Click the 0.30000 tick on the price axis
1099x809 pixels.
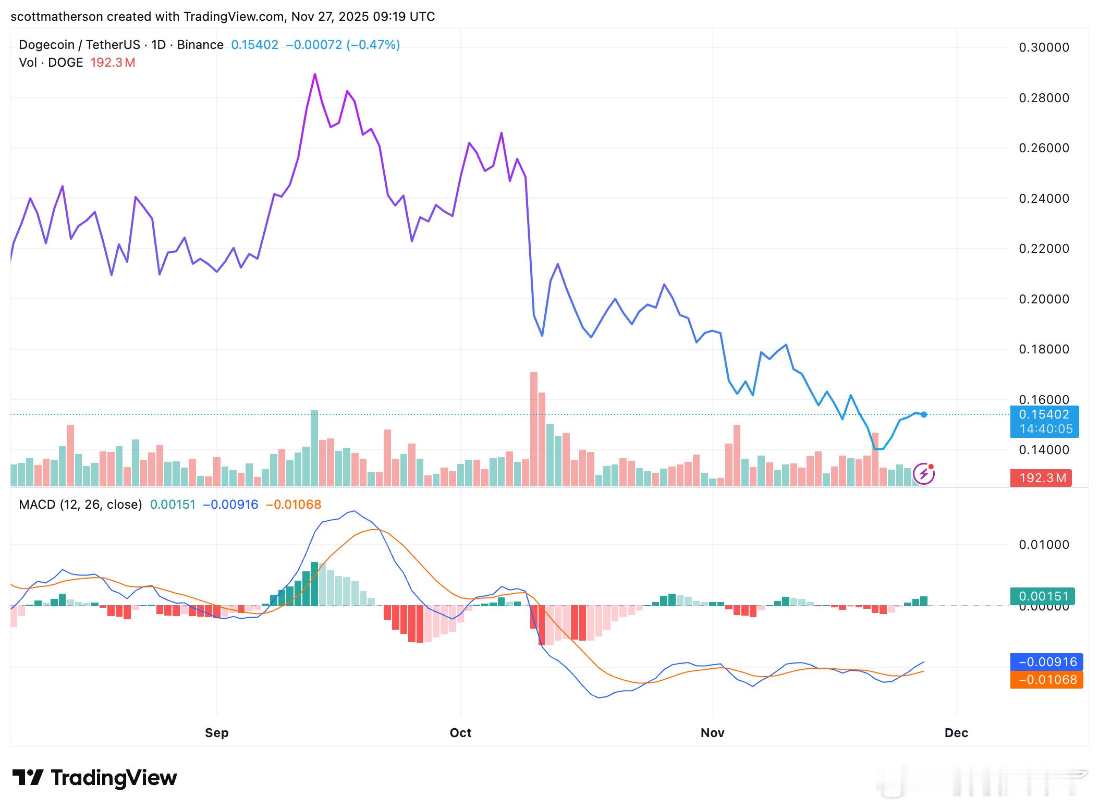[1044, 47]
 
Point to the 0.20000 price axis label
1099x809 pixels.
[1044, 299]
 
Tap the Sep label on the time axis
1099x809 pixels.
[216, 733]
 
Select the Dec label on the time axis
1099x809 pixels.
[956, 733]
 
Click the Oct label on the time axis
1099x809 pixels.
[460, 733]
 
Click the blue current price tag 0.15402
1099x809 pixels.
[1044, 415]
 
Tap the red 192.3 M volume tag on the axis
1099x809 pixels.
[1041, 478]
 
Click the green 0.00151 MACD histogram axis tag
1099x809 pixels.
[1044, 596]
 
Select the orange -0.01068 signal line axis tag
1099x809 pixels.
[1046, 680]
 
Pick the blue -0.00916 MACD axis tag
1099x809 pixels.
[1046, 662]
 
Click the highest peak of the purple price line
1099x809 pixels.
[315, 75]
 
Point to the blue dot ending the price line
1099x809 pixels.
[924, 415]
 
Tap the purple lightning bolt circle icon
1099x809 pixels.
[924, 474]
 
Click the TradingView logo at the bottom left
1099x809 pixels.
[95, 778]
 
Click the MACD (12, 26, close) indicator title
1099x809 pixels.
[80, 505]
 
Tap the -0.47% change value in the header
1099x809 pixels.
[373, 45]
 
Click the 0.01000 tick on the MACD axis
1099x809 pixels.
[1044, 545]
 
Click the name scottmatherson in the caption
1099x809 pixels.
[56, 17]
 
